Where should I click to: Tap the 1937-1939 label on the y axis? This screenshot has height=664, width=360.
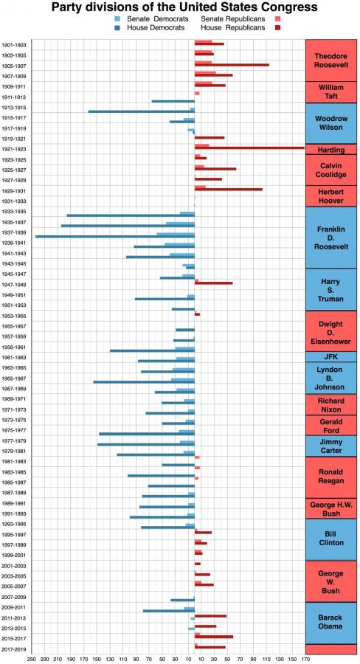14,232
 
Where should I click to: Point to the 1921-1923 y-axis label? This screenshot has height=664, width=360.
14,149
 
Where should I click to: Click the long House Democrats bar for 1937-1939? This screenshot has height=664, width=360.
114,236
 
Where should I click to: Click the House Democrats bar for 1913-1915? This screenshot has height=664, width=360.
141,111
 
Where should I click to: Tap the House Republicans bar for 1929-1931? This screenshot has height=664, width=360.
228,190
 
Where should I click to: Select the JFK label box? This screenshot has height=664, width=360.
330,357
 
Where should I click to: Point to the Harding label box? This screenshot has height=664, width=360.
330,150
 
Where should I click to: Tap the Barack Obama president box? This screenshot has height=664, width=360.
330,622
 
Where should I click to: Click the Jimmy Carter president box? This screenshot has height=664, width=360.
330,446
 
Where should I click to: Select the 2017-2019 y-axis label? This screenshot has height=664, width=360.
14,649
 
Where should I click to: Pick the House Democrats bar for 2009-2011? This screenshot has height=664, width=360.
168,611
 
